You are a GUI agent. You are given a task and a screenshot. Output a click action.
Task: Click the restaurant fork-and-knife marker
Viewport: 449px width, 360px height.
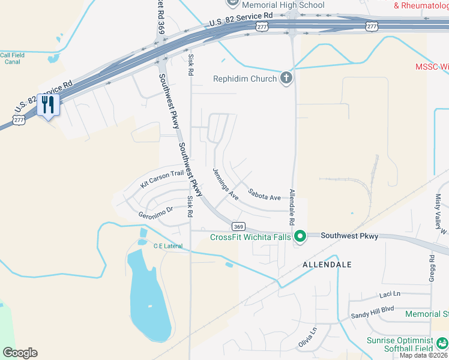47,105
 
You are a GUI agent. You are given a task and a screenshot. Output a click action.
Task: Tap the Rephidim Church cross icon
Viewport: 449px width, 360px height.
286,78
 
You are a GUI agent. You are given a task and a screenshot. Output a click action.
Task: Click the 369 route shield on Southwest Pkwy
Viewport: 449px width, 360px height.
238,226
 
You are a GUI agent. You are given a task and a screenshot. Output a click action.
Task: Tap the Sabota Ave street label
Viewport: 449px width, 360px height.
264,197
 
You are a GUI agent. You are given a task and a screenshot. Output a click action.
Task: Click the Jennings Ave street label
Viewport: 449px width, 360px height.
226,184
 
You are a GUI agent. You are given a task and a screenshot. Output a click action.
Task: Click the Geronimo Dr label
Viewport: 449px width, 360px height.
155,209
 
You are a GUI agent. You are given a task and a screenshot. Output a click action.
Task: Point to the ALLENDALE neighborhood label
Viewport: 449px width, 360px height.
327,264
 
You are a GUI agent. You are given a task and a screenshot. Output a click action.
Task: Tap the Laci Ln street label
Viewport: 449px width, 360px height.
390,295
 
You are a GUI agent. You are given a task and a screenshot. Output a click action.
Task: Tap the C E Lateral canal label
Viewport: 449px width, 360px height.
167,246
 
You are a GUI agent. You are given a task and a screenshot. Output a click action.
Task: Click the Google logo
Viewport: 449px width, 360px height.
20,353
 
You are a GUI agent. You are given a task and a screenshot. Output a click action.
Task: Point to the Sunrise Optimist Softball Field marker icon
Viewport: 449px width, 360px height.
441,343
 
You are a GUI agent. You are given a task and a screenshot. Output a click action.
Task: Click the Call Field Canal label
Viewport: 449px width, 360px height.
12,58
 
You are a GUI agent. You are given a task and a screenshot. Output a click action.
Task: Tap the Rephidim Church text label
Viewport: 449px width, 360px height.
245,79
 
